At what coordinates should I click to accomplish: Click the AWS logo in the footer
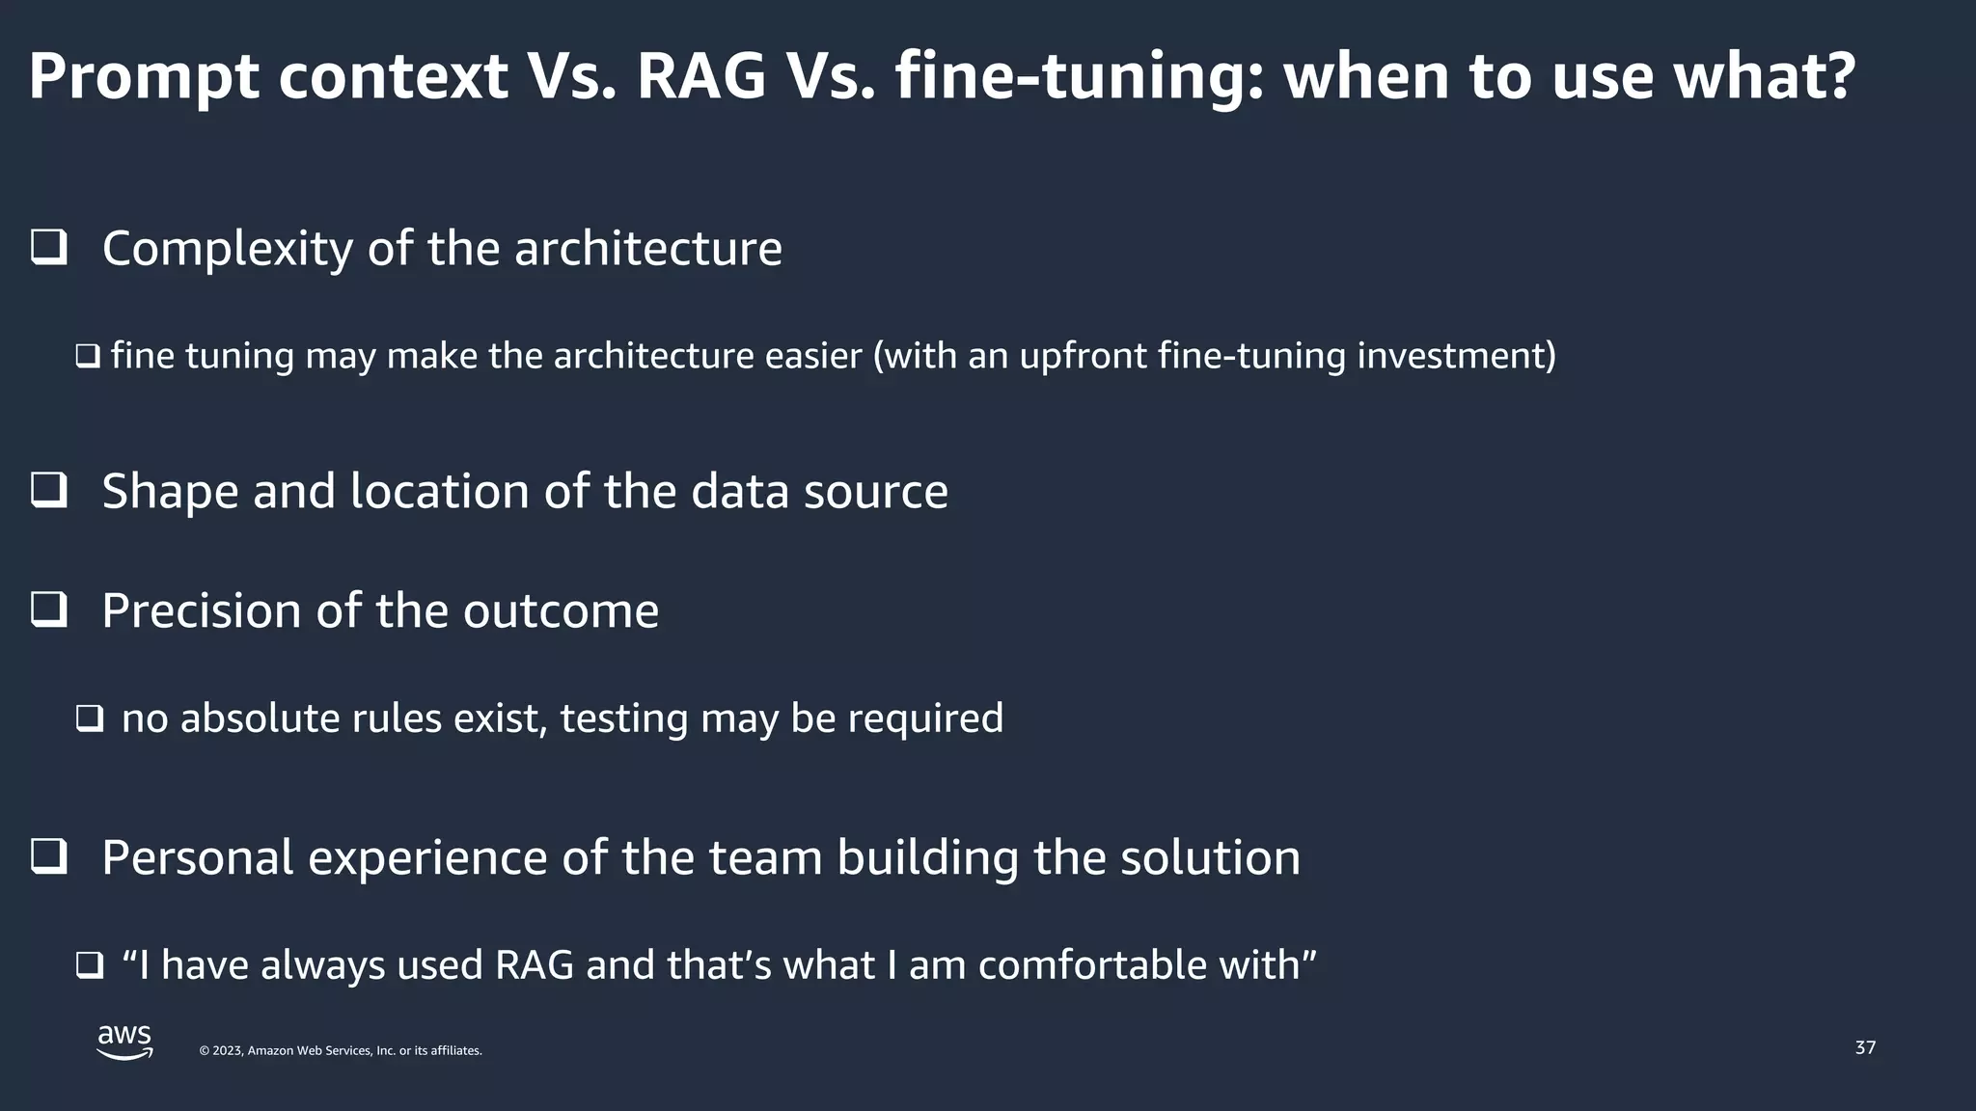tap(124, 1043)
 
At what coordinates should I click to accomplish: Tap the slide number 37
tap(1865, 1047)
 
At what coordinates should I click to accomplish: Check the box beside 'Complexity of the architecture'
tap(49, 248)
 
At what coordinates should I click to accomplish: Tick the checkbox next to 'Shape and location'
tap(49, 491)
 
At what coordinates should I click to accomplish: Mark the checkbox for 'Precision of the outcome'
tap(49, 610)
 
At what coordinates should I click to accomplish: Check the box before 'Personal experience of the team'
tap(49, 857)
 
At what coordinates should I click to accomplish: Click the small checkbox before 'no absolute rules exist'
tap(90, 718)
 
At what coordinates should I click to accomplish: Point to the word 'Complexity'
tap(227, 249)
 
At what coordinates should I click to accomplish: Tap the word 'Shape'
tap(170, 492)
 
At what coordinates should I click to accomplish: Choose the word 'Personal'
tap(198, 857)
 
